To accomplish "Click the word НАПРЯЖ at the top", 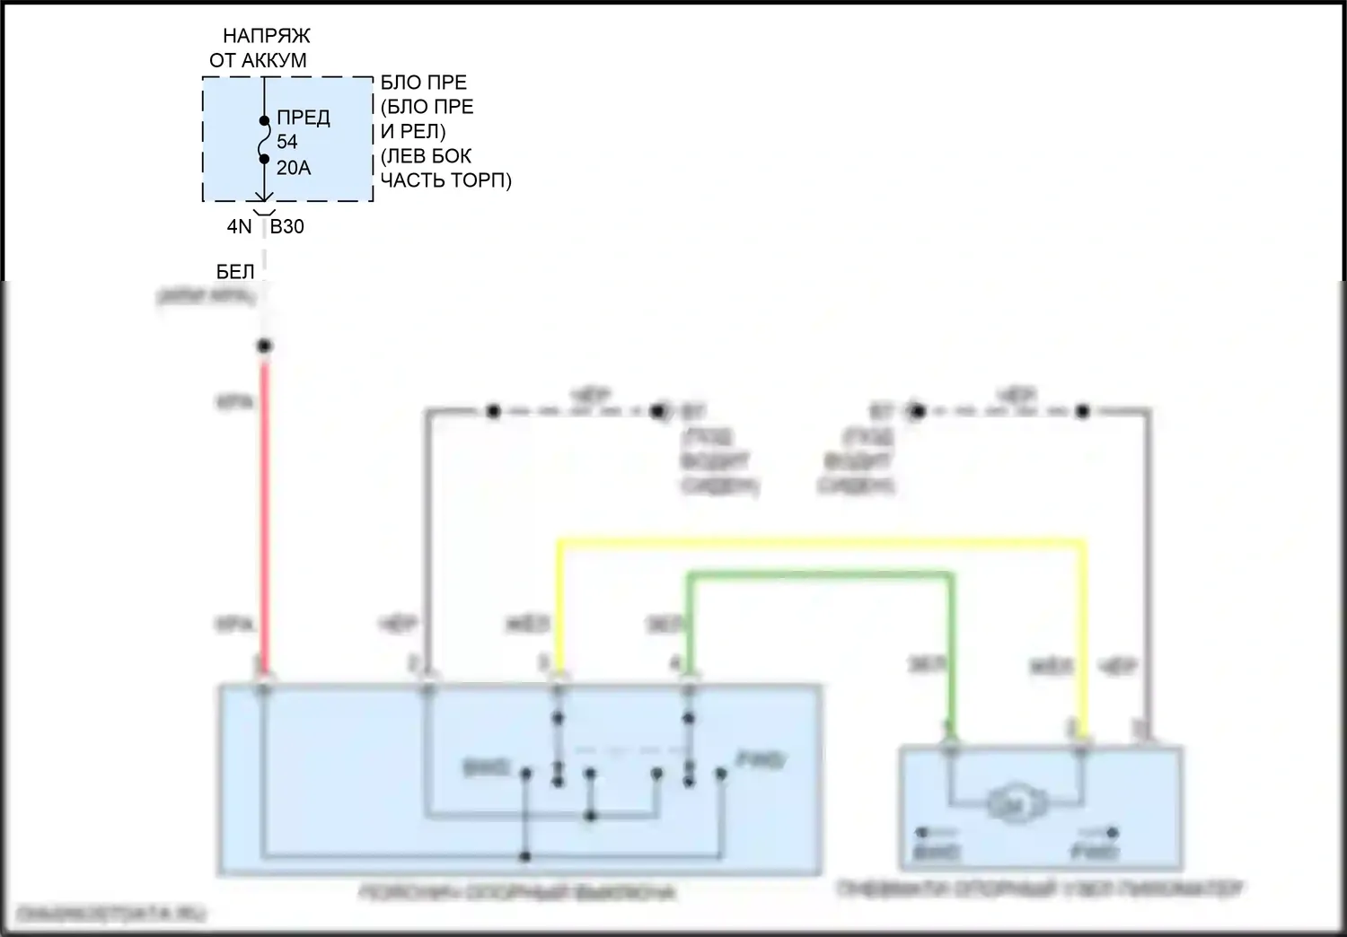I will (267, 36).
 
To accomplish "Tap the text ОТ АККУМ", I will (259, 61).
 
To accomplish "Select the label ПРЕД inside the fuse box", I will (304, 118).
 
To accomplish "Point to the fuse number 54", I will (287, 142).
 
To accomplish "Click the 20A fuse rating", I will (294, 168).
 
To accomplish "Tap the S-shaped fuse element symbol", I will (264, 140).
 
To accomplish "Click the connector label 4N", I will (239, 227).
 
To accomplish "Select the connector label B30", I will (287, 227).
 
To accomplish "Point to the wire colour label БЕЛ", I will (235, 272).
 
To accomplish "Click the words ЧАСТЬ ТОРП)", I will (446, 180).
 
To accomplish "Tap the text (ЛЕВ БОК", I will (427, 156).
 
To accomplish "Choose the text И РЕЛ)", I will (413, 131).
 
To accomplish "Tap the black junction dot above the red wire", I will (264, 346).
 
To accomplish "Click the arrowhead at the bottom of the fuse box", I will (264, 198).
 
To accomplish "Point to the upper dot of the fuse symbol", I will (264, 120).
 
